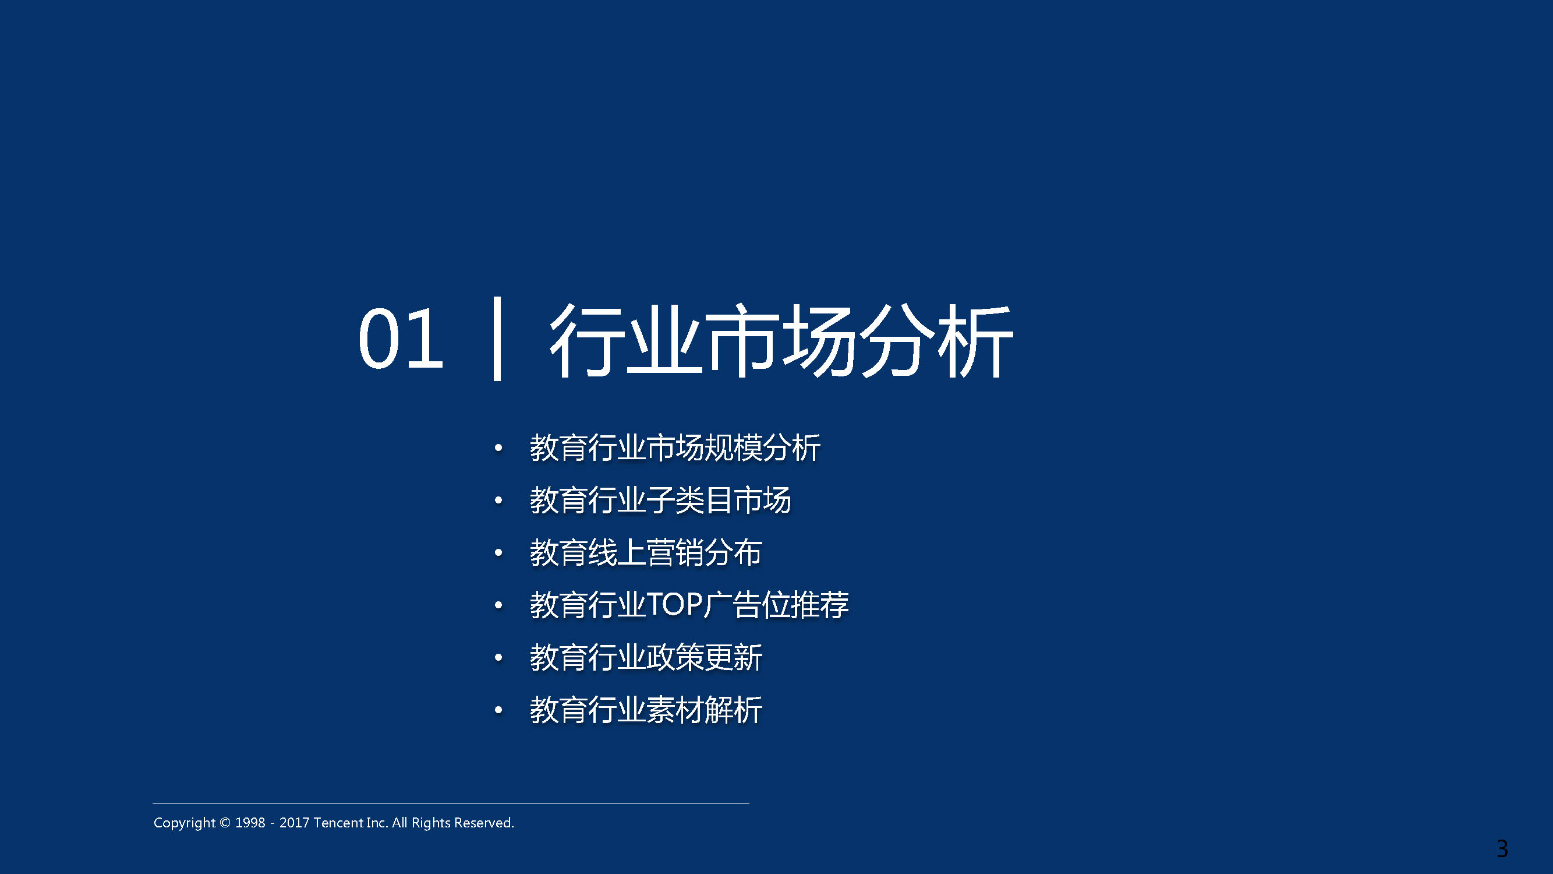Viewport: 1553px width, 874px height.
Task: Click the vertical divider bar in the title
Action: click(497, 339)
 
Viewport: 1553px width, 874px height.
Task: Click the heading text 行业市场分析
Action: click(781, 340)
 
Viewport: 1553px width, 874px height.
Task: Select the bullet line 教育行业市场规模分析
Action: click(675, 447)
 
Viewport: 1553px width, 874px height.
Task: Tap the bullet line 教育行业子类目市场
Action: click(660, 500)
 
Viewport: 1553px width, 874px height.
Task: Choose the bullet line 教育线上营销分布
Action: click(646, 552)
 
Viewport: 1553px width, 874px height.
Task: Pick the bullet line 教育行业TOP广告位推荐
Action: click(689, 605)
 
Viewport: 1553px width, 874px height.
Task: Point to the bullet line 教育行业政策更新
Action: click(646, 657)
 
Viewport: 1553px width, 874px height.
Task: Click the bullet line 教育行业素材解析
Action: click(646, 710)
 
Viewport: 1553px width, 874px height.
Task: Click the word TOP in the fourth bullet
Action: click(675, 604)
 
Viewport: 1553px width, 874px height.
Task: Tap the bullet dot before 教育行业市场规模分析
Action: click(498, 447)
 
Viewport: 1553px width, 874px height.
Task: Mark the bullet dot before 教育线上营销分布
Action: click(498, 552)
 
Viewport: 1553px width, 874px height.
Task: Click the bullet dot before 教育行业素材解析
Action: click(498, 710)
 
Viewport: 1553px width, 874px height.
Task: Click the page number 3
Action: click(1502, 850)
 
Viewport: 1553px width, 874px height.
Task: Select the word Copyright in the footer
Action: click(185, 823)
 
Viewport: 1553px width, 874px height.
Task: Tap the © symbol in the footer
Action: click(225, 823)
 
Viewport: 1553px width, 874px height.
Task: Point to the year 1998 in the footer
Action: click(250, 823)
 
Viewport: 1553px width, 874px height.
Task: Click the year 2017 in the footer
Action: click(294, 823)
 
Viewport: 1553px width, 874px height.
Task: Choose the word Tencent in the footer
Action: click(339, 823)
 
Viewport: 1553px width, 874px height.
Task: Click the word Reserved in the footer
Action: click(483, 823)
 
